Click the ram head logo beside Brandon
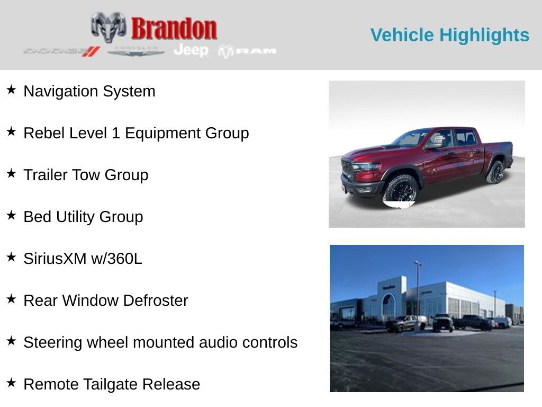[x=109, y=28]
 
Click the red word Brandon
[x=174, y=29]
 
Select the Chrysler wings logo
[x=136, y=51]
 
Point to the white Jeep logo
[x=191, y=50]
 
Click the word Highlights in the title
[x=484, y=36]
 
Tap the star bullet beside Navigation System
[x=11, y=90]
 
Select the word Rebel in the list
[x=45, y=133]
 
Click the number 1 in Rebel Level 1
[x=116, y=133]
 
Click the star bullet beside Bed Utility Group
[x=11, y=215]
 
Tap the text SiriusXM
[x=55, y=259]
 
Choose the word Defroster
[x=156, y=300]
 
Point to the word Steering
[x=53, y=342]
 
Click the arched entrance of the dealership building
[x=388, y=306]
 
